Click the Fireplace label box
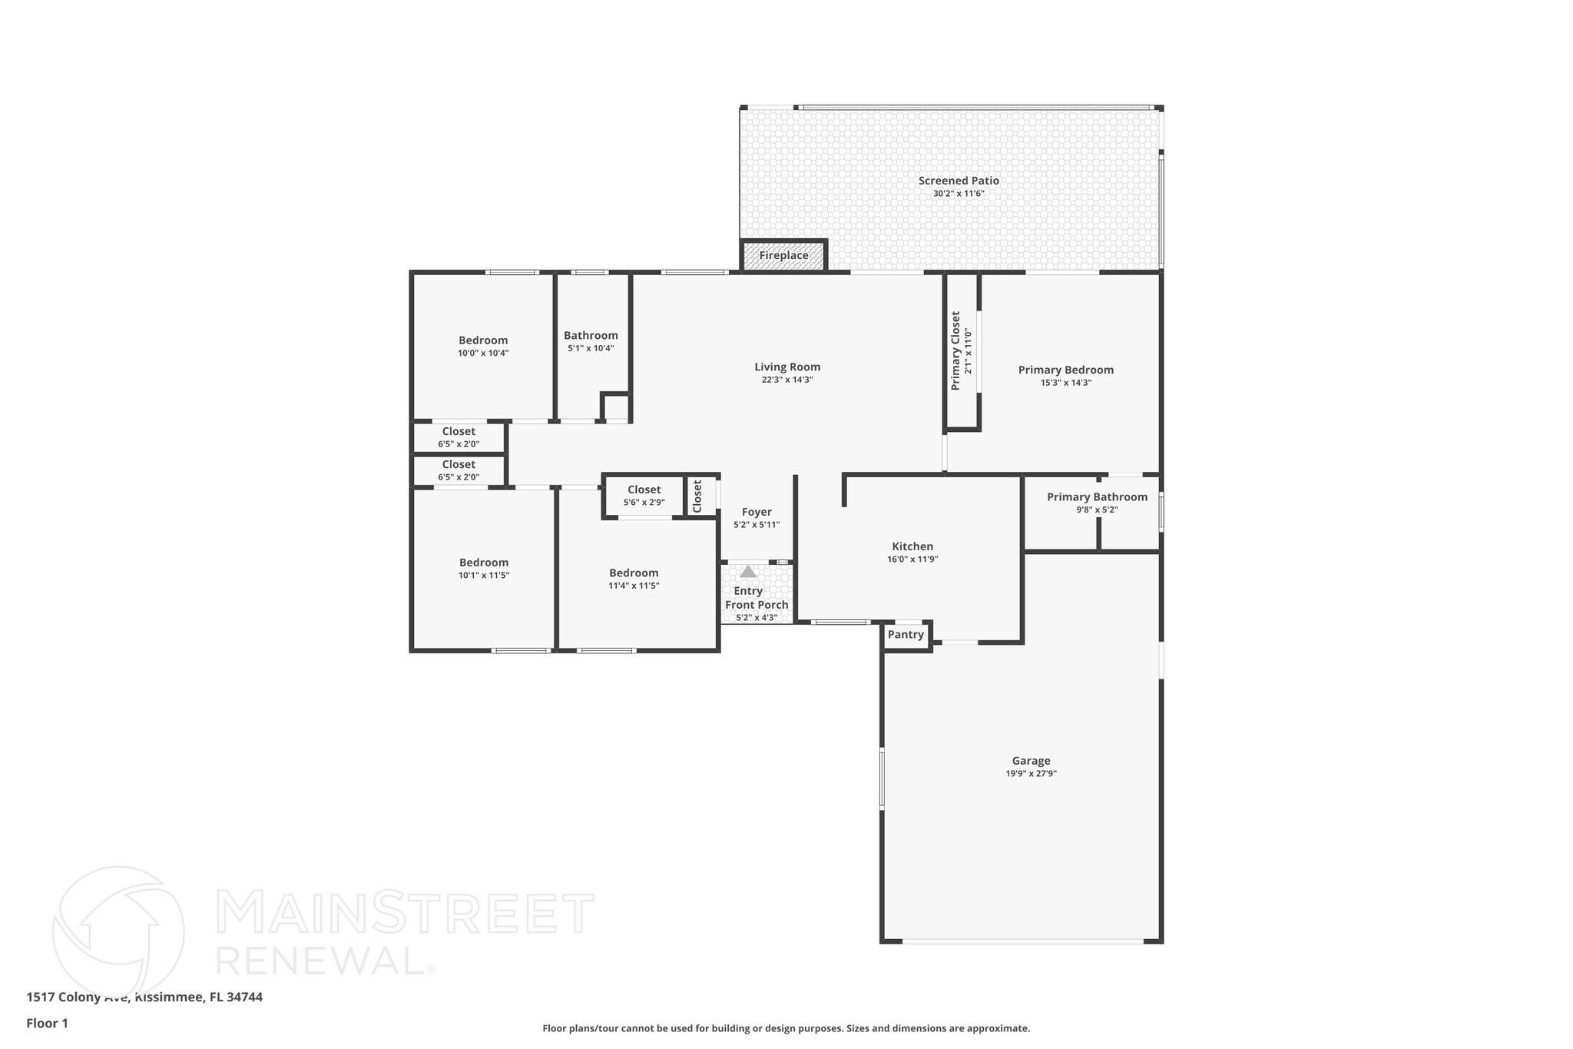pos(783,255)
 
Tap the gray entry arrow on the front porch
pos(748,572)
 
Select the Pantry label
pos(906,635)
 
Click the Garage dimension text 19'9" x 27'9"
pos(1031,774)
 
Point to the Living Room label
pos(787,367)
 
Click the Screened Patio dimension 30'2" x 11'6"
pos(959,194)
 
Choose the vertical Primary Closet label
pos(955,350)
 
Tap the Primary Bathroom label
pos(1097,497)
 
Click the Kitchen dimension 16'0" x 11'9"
pos(912,559)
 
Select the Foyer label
pos(757,512)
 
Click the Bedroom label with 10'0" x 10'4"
pos(483,340)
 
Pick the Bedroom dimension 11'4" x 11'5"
pos(634,586)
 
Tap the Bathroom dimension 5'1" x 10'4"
pos(591,348)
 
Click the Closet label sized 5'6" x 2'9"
pos(644,490)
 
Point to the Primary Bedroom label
pos(1066,370)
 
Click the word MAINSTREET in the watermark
pos(406,914)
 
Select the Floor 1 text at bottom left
pos(48,1023)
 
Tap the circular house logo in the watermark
pos(118,932)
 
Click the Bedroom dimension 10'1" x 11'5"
pos(484,575)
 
